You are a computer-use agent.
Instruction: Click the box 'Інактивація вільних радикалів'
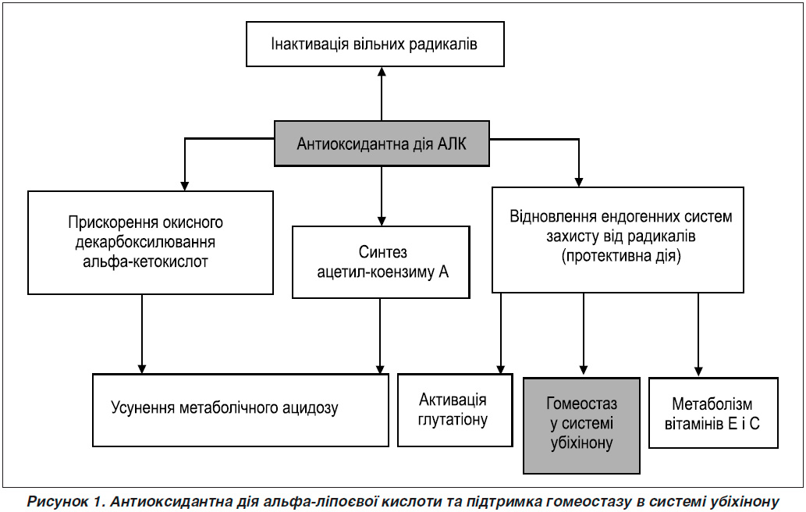click(375, 44)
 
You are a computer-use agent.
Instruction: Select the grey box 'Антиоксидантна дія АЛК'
click(382, 144)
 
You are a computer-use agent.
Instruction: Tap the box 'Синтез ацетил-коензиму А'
click(381, 262)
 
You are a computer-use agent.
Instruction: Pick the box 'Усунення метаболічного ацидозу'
click(240, 410)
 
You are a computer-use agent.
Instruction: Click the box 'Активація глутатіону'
click(455, 410)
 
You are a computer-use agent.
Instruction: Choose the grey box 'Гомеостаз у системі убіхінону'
click(581, 425)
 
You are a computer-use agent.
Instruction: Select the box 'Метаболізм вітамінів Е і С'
click(713, 414)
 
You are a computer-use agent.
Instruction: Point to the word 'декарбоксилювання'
click(145, 242)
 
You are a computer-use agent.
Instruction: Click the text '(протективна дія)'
click(621, 255)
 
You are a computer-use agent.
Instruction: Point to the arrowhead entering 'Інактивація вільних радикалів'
click(382, 72)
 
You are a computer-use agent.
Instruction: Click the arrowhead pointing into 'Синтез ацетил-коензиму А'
click(382, 221)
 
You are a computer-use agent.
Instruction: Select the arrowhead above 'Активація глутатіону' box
click(500, 369)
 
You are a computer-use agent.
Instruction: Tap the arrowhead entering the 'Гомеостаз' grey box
click(583, 370)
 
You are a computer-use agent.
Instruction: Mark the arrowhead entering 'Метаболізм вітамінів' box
click(698, 371)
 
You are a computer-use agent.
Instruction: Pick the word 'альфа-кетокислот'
click(145, 261)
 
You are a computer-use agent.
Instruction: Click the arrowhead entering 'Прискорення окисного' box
click(185, 186)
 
